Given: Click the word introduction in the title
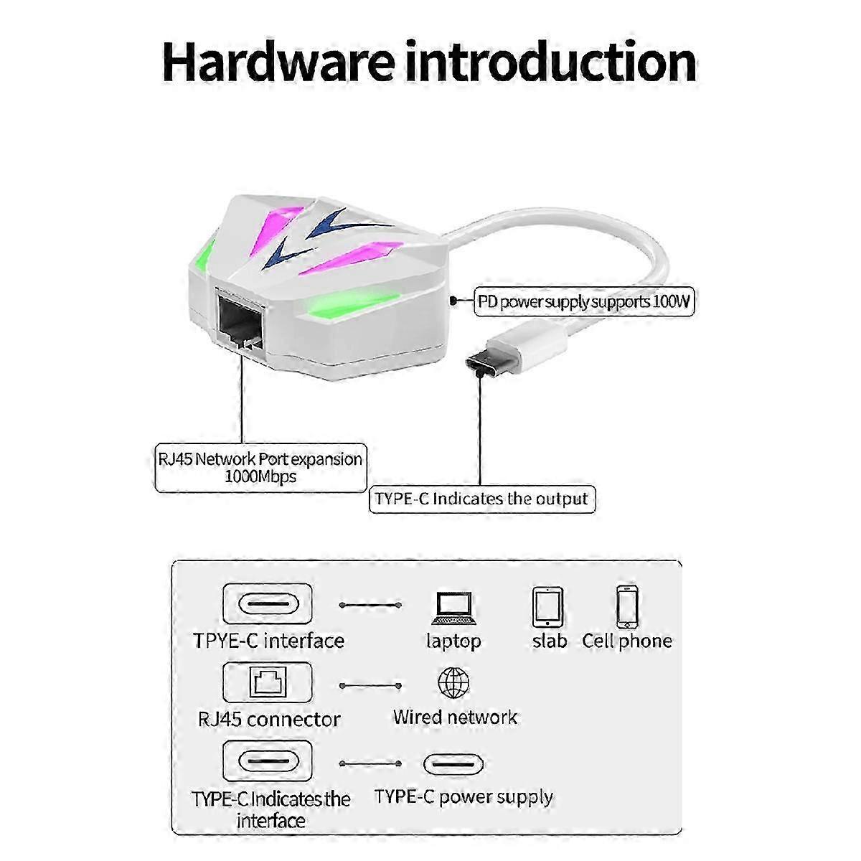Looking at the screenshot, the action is click(x=550, y=62).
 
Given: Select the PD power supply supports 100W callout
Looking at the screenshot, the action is click(x=584, y=301).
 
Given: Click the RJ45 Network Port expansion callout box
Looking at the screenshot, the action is click(x=260, y=468).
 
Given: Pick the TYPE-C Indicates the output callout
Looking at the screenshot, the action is click(x=481, y=499).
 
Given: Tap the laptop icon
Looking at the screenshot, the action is click(x=454, y=608).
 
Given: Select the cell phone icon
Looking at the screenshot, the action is click(x=627, y=607).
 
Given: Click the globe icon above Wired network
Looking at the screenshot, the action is click(x=453, y=683).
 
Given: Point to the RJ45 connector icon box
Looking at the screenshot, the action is click(x=268, y=682).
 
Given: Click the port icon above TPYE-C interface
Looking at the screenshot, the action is click(x=268, y=604).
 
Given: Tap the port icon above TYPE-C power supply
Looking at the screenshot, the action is click(x=453, y=764).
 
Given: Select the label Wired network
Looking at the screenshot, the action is click(x=455, y=717).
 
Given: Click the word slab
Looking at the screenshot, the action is click(x=550, y=641).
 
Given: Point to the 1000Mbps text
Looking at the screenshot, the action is click(x=260, y=476).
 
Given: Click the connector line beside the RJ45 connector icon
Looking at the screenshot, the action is click(x=370, y=685).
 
